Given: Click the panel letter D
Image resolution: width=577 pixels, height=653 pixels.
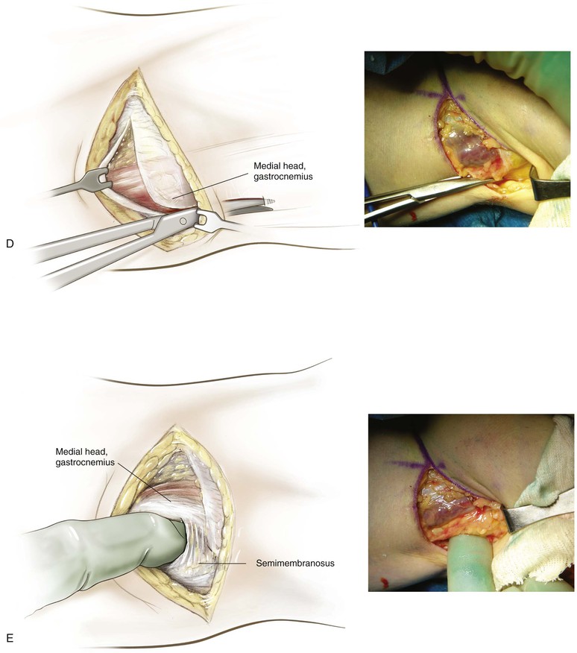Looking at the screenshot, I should click(10, 244).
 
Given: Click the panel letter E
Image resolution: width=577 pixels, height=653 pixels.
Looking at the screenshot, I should click(10, 638).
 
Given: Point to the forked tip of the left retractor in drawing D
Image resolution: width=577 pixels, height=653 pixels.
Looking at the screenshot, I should click(93, 180).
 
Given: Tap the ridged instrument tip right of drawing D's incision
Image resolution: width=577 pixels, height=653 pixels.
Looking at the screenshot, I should click(266, 201).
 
